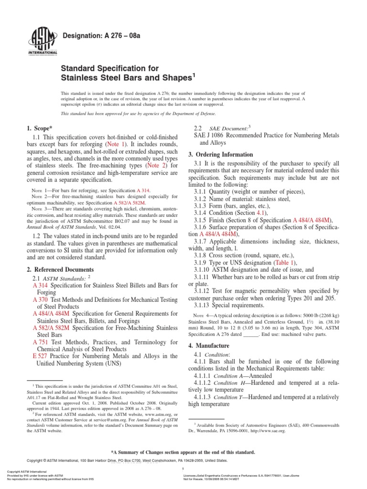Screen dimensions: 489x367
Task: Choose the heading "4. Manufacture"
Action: point(209,345)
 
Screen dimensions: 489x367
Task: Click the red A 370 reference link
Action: point(40,299)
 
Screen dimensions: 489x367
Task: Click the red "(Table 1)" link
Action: point(284,262)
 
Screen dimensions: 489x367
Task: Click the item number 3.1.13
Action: point(205,305)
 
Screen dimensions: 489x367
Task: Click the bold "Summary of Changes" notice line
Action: point(183,452)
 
